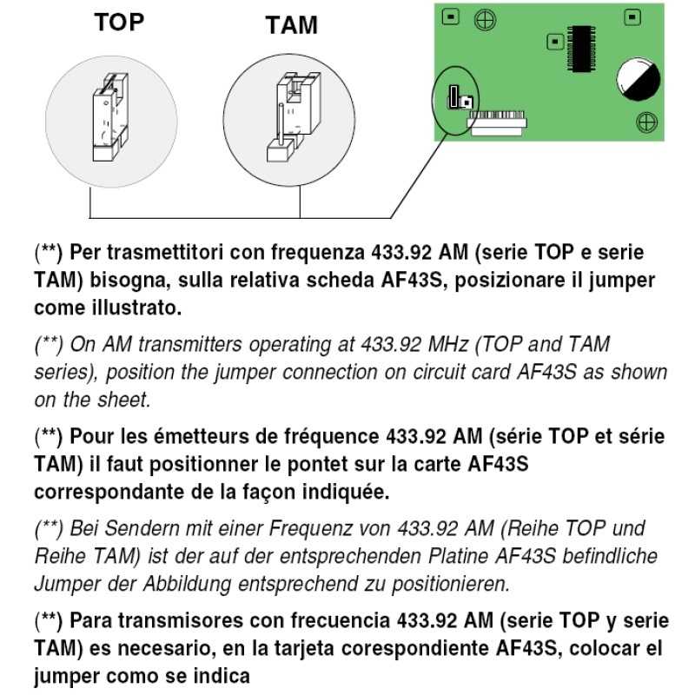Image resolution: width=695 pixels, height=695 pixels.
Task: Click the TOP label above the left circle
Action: (x=120, y=23)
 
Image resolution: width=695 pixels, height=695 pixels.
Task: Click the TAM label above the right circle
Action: (x=291, y=26)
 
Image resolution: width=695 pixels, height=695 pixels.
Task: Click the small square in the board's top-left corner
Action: (x=448, y=16)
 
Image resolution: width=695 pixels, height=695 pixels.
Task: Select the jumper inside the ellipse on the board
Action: (x=456, y=99)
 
